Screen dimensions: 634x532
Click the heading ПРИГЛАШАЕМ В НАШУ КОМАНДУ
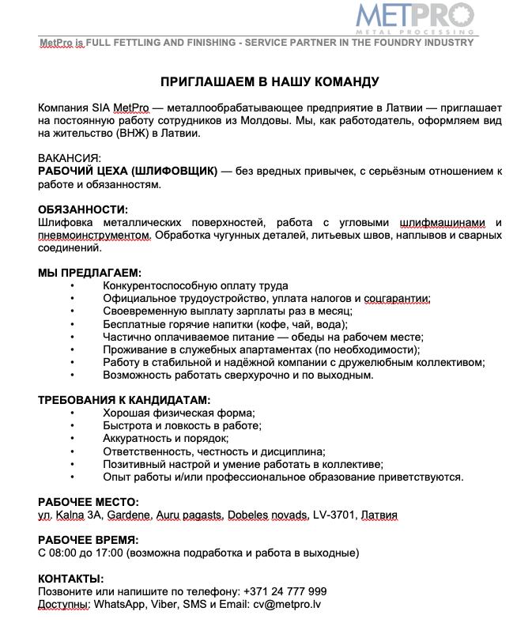click(270, 82)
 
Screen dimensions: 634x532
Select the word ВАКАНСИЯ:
click(70, 158)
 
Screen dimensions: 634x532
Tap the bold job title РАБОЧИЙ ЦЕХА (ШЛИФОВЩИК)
click(128, 172)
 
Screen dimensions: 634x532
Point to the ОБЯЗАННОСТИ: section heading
click(83, 209)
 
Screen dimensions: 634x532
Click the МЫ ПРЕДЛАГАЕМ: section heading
click(89, 273)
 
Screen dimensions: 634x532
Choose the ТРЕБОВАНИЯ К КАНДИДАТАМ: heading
click(124, 400)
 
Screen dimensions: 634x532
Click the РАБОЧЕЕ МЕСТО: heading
click(89, 502)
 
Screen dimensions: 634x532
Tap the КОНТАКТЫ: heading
click(71, 579)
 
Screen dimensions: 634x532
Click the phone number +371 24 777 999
click(285, 591)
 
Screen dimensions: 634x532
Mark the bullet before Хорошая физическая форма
click(73, 413)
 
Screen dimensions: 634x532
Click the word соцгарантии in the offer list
click(397, 299)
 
